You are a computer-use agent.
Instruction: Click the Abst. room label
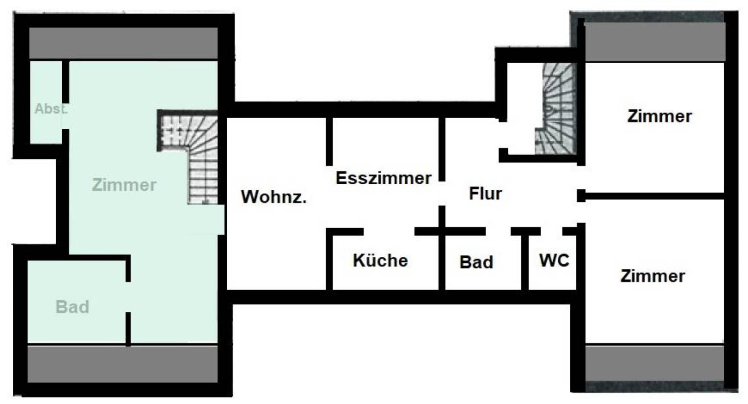51,109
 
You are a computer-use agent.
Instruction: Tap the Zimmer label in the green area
124,185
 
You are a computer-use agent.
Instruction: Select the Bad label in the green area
72,307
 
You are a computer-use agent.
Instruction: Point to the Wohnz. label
274,197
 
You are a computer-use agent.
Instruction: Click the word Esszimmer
383,178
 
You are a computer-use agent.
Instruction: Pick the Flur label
485,193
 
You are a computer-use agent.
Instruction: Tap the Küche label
380,260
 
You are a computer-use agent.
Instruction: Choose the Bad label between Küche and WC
476,262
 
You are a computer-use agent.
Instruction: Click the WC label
554,260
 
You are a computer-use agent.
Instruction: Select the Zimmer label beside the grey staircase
659,116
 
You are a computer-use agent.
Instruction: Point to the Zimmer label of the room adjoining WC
652,276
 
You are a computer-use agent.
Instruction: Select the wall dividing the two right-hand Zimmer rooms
652,196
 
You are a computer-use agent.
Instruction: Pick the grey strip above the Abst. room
123,43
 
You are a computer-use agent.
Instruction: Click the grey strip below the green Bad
123,364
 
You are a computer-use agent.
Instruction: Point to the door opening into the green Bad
128,297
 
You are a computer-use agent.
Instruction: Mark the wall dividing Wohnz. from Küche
329,260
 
